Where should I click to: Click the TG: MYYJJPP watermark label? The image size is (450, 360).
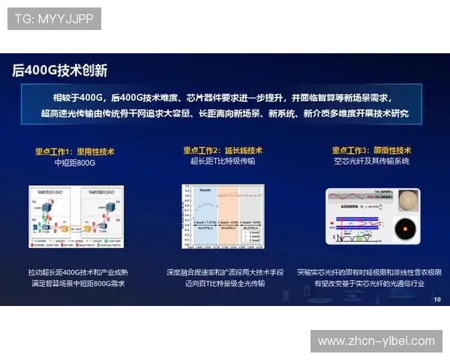(54, 19)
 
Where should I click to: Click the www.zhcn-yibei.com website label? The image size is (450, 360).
(376, 341)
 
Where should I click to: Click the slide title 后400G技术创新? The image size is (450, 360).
(60, 70)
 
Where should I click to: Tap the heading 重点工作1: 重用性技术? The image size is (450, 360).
(75, 151)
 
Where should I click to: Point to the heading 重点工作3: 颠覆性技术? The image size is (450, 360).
(371, 151)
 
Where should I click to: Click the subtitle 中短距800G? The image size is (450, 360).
(75, 162)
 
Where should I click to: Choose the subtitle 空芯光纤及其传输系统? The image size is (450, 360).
(371, 162)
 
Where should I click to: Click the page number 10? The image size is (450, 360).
(437, 299)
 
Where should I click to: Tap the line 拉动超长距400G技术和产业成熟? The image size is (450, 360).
(79, 272)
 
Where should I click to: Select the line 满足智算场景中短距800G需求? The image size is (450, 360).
(79, 283)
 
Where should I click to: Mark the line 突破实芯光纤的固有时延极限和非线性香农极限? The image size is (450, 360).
(369, 272)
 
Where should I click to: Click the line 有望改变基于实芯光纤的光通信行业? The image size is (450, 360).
(369, 283)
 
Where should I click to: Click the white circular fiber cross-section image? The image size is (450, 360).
(406, 201)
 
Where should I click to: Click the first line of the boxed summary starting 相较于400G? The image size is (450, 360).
(222, 97)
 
